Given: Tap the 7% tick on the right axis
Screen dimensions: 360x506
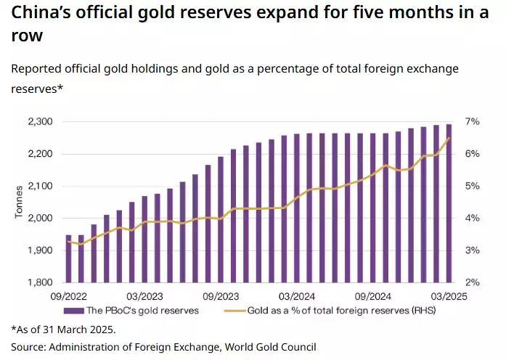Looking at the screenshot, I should tap(472, 122).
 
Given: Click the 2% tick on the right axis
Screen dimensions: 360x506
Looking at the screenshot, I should tap(472, 282).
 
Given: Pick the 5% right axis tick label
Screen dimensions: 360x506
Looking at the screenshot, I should tap(472, 187).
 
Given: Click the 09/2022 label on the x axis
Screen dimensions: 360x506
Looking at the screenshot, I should tap(68, 296).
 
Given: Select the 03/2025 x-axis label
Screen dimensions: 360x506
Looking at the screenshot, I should tap(447, 296).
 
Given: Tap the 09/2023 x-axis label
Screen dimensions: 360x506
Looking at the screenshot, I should tap(220, 296).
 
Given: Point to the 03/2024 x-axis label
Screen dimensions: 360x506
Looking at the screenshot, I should tap(296, 296).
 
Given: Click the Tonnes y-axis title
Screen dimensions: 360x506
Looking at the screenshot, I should tap(20, 202).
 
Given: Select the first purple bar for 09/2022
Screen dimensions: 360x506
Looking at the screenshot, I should tap(69, 258).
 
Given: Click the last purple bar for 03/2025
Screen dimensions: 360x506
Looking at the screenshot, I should tap(449, 203).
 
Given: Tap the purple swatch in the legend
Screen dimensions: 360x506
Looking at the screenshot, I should tap(73, 311).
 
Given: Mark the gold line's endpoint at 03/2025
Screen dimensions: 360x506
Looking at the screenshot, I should tap(449, 138).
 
